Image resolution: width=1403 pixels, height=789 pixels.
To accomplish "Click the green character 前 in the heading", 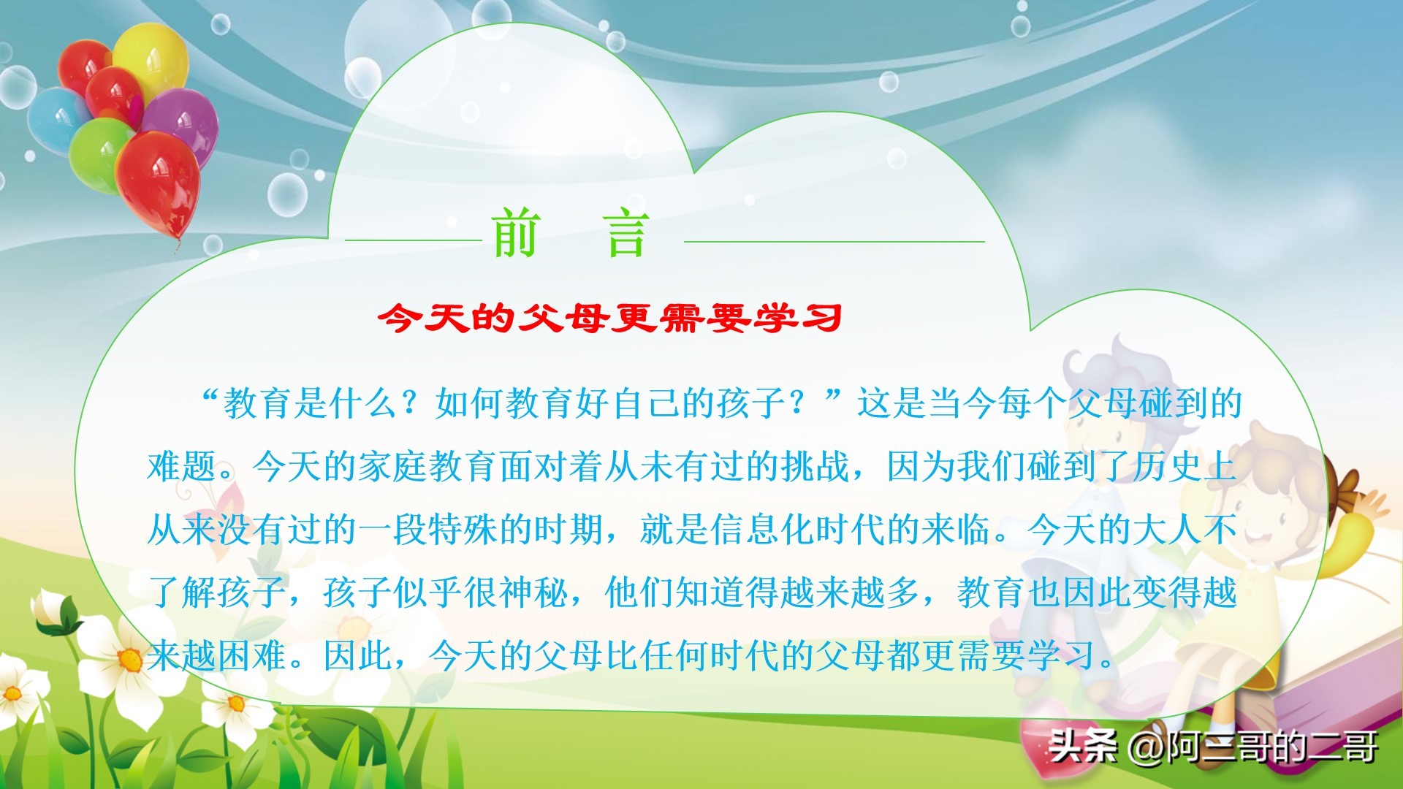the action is click(x=516, y=233).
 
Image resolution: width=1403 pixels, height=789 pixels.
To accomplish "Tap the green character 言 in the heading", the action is click(x=627, y=233).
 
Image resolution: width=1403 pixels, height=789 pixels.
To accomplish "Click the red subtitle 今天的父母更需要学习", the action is click(x=610, y=318).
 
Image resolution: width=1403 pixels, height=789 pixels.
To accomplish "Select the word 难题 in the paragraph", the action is click(x=182, y=466).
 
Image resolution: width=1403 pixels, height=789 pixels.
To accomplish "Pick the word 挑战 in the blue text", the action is click(x=815, y=466).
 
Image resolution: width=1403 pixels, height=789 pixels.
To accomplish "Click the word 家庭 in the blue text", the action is click(x=393, y=466).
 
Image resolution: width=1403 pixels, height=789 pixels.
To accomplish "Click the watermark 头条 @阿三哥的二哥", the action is click(x=1213, y=747).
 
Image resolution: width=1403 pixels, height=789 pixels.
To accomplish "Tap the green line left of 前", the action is click(x=414, y=240).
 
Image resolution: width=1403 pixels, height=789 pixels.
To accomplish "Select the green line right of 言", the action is click(x=834, y=240).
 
